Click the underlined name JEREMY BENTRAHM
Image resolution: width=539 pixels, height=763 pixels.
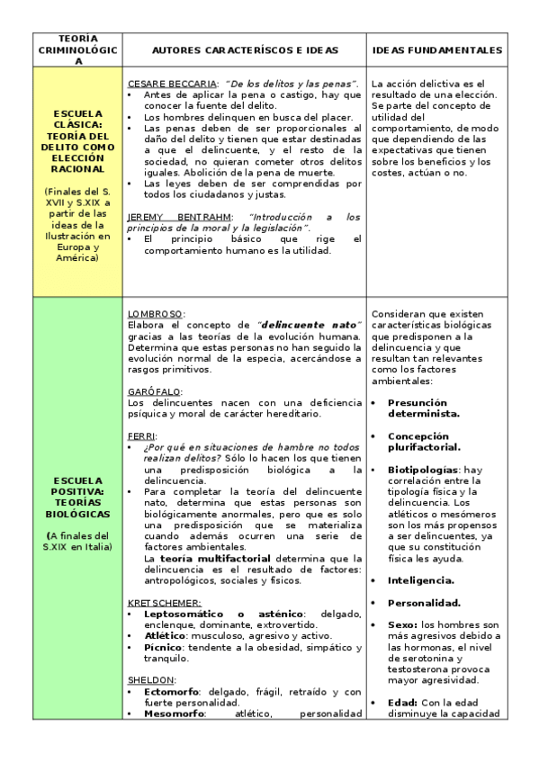coord(179,217)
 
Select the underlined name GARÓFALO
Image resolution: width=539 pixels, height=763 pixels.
coord(154,391)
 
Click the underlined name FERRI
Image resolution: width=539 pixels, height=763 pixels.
coord(141,435)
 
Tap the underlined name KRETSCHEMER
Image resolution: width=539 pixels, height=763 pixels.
coord(164,602)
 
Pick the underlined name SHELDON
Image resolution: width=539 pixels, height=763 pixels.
coord(150,680)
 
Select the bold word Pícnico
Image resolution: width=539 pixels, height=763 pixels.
coord(163,647)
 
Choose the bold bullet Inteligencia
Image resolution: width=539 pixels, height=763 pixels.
coord(420,580)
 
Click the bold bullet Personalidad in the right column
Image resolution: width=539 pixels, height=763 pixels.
coord(424,603)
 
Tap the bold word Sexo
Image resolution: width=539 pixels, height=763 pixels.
coord(402,624)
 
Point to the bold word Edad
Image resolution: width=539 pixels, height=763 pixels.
coord(403,703)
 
